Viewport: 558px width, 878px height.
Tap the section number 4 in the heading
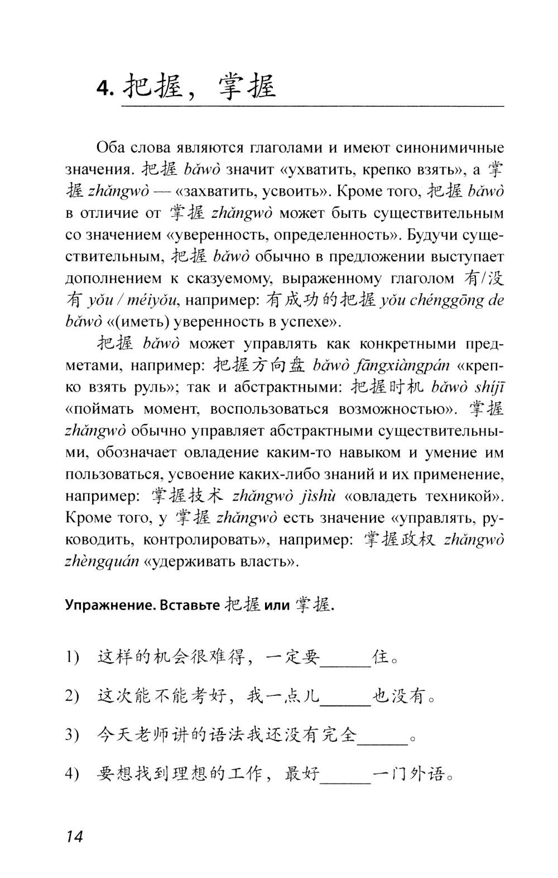coord(104,89)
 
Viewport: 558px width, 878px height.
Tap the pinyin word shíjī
coord(482,388)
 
